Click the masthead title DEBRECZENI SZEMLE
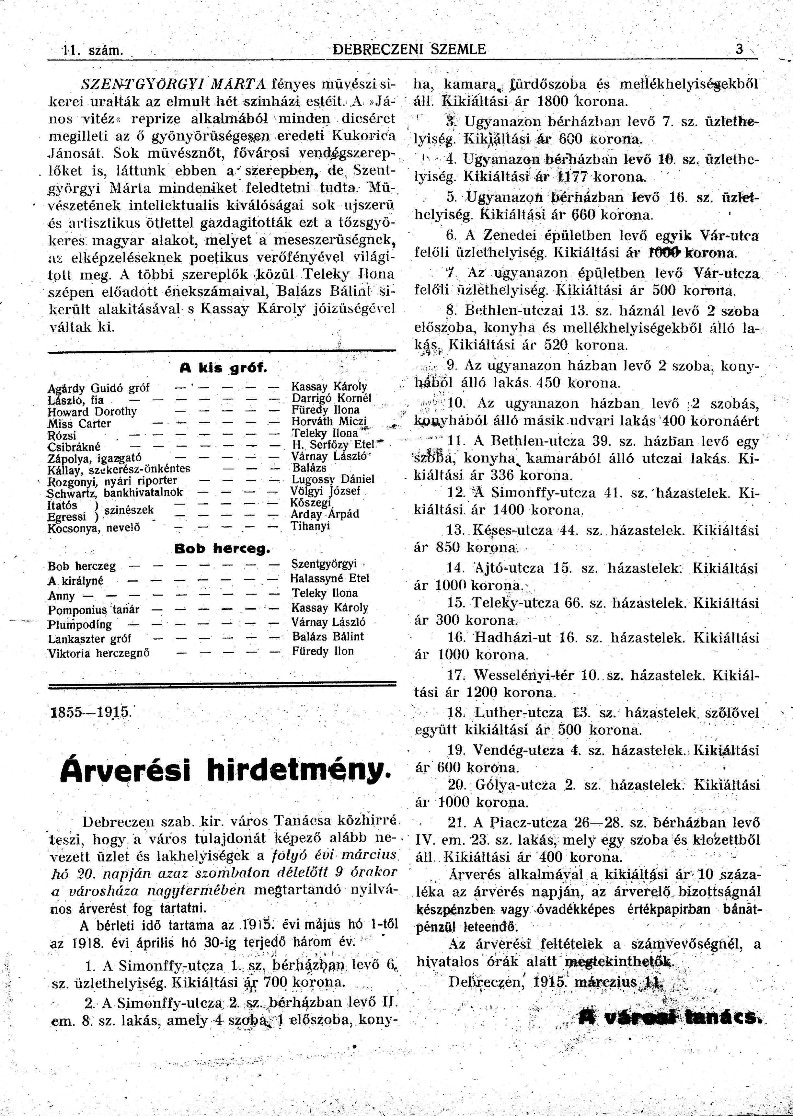(409, 49)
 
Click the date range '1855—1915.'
(91, 711)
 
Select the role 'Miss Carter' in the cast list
(79, 423)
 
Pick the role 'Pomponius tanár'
(93, 610)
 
